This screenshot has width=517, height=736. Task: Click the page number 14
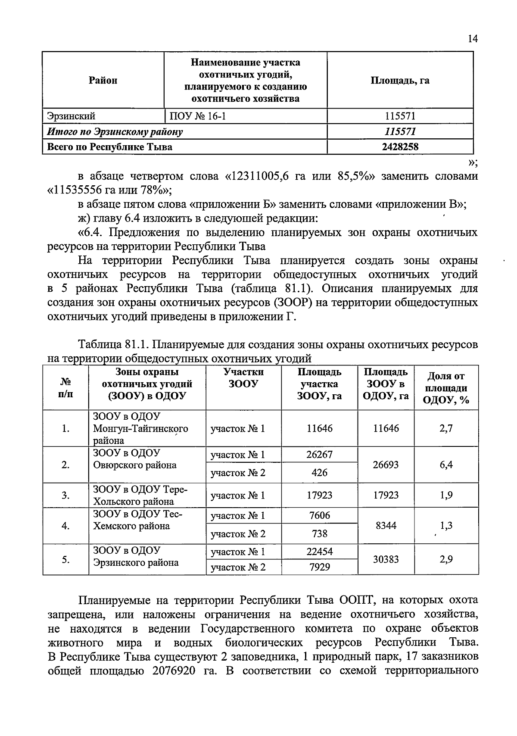tap(472, 39)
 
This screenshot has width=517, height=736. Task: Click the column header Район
tap(103, 80)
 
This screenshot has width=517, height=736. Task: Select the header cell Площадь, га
tap(400, 80)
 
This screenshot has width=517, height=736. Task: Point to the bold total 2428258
tap(400, 147)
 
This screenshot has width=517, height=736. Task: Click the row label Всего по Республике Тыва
tap(110, 147)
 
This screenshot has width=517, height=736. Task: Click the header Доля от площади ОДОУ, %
tap(446, 388)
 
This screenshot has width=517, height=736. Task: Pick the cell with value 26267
tap(319, 455)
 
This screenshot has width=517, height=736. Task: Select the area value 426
tap(319, 473)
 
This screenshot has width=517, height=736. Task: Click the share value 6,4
tap(446, 465)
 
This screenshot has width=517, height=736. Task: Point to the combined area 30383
tap(386, 559)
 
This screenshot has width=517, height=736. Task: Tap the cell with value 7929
tap(319, 567)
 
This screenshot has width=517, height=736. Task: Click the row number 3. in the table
tap(65, 496)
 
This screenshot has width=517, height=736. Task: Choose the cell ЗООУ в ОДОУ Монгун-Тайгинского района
tap(141, 428)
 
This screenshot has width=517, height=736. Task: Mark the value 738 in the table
tap(319, 534)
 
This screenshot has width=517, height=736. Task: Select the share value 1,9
tap(446, 496)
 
